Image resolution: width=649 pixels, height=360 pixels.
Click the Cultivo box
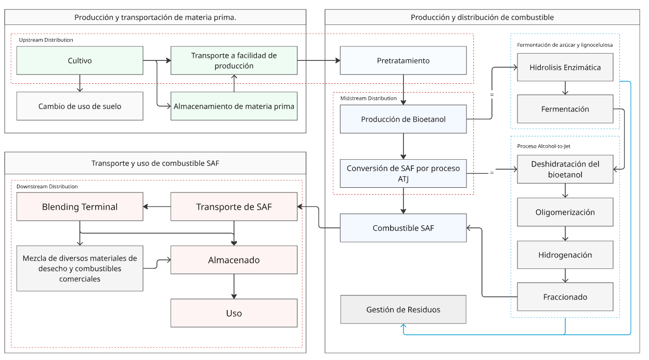[x=80, y=60]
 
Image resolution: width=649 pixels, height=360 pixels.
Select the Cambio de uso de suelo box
[x=80, y=106]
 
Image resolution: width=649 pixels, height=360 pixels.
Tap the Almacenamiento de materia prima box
[x=234, y=106]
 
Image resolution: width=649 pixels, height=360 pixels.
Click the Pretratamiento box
[x=403, y=60]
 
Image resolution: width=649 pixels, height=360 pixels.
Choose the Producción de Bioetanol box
[x=403, y=119]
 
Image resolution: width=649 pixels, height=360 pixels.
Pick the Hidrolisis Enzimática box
[x=565, y=67]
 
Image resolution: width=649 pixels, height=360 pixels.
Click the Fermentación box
[x=565, y=109]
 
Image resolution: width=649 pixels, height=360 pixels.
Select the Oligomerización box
[x=565, y=212]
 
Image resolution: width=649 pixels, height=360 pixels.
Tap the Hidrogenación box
[x=565, y=255]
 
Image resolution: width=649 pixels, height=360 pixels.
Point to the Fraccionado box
[x=565, y=297]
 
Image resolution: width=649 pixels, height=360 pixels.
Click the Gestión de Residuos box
[x=403, y=310]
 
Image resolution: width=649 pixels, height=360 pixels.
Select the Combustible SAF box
[x=403, y=228]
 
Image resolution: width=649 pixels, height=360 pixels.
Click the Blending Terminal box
[x=80, y=207]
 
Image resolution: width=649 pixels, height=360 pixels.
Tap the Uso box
[x=234, y=313]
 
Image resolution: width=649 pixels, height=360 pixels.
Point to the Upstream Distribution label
[x=46, y=40]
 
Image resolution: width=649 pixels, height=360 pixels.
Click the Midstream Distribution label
[x=368, y=98]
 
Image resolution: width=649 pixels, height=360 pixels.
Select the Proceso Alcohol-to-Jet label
[x=547, y=146]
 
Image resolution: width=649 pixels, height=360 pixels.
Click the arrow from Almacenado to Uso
[x=234, y=286]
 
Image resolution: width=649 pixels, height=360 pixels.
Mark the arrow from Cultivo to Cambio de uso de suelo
[x=80, y=83]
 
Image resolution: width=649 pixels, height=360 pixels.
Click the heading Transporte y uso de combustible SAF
[x=155, y=163]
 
